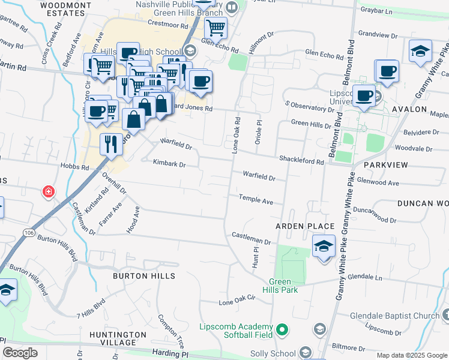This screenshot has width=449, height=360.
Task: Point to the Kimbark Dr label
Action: (169, 163)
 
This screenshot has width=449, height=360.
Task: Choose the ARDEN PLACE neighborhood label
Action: (304, 226)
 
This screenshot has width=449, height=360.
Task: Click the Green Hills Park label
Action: (283, 286)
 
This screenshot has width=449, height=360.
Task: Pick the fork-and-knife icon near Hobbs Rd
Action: (111, 143)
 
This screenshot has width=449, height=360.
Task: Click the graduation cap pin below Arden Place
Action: (324, 246)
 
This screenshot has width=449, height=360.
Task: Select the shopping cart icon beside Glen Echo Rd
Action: (215, 27)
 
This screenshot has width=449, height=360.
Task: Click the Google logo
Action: (20, 353)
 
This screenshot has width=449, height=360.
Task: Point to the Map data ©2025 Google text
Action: (411, 355)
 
